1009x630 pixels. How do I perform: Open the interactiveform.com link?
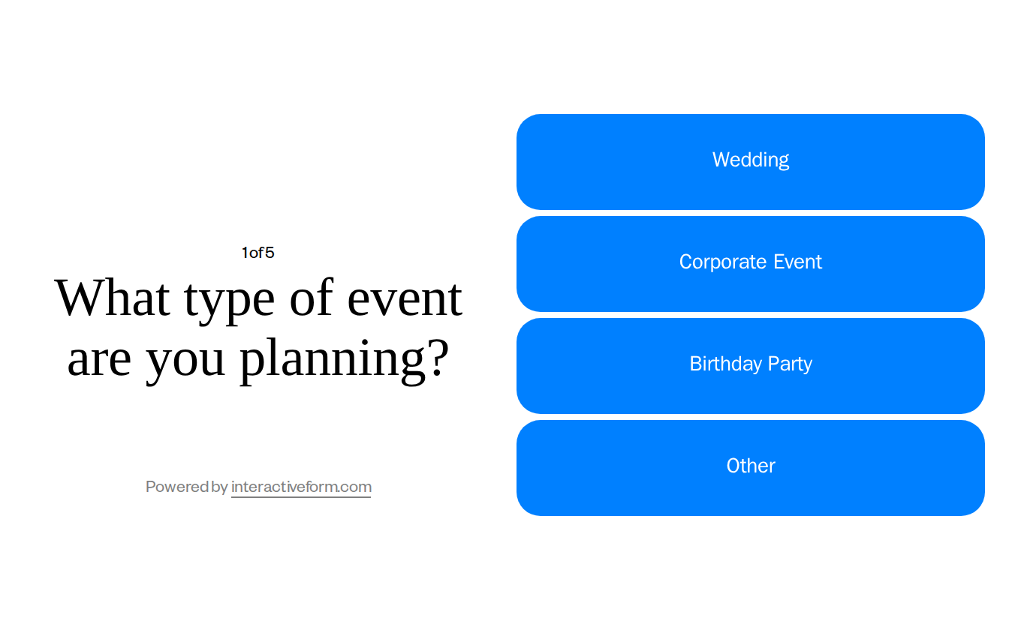pos(301,487)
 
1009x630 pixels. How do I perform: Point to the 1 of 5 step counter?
pos(258,253)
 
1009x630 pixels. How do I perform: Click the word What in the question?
pos(113,298)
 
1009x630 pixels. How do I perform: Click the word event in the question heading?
pos(404,298)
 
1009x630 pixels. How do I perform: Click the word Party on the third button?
pos(790,364)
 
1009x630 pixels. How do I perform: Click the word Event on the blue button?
pos(798,262)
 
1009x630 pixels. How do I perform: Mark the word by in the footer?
pos(220,487)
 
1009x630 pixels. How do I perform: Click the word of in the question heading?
pos(311,298)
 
